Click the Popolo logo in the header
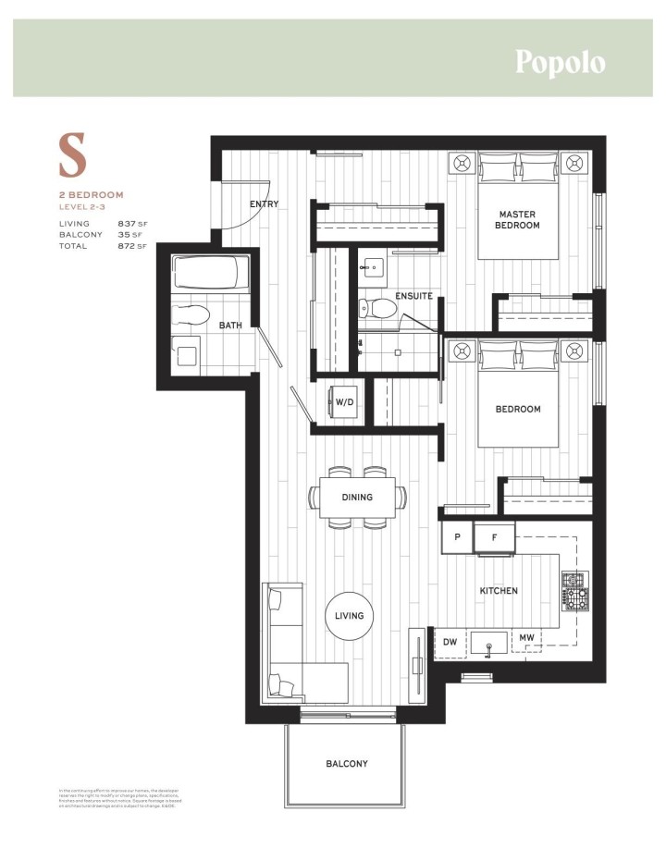pyautogui.click(x=560, y=62)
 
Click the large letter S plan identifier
pyautogui.click(x=73, y=156)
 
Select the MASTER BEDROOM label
pyautogui.click(x=517, y=219)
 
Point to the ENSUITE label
pyautogui.click(x=413, y=297)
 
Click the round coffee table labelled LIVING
pyautogui.click(x=350, y=615)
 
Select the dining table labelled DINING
pyautogui.click(x=357, y=498)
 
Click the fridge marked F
pyautogui.click(x=494, y=536)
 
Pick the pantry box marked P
pyautogui.click(x=457, y=536)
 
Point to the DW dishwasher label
pyautogui.click(x=450, y=639)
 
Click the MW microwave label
pyautogui.click(x=525, y=638)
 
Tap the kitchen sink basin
pyautogui.click(x=487, y=642)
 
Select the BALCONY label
pyautogui.click(x=346, y=764)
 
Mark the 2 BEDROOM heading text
pyautogui.click(x=92, y=195)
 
